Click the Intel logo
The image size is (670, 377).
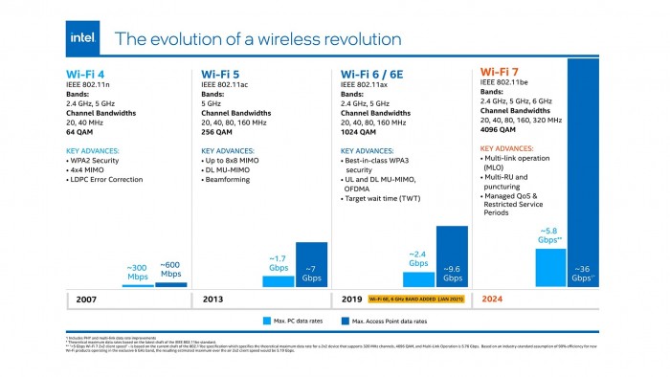[82, 37]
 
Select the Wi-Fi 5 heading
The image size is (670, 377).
[222, 73]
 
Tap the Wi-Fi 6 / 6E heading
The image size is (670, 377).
[375, 73]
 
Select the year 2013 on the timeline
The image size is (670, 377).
[214, 299]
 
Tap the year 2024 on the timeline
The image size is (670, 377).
[494, 299]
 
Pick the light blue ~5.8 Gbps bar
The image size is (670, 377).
[550, 268]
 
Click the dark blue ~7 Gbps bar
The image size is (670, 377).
[311, 264]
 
